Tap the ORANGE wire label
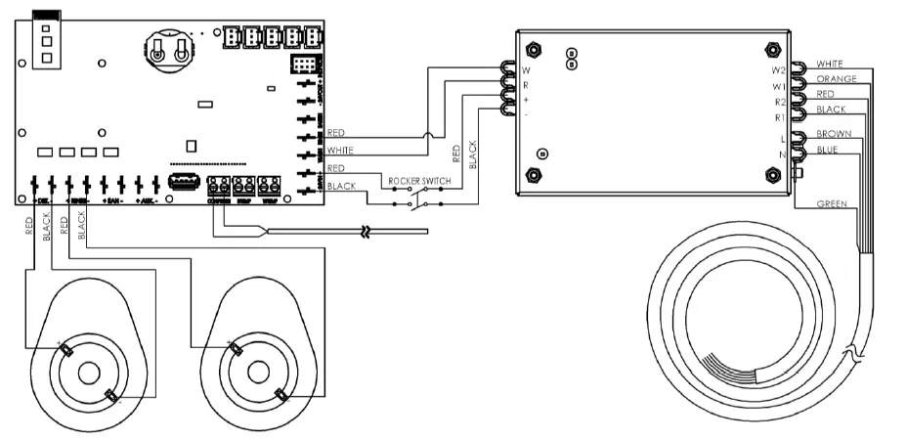(x=837, y=78)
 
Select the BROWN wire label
(x=835, y=133)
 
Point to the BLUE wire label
(x=829, y=149)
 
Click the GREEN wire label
(x=833, y=203)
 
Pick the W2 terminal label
(x=779, y=70)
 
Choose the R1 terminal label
(x=780, y=117)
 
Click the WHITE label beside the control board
(x=340, y=151)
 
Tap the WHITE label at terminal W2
(x=831, y=63)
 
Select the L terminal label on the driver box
(x=782, y=140)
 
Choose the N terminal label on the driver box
(x=782, y=154)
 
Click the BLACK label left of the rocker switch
(x=341, y=186)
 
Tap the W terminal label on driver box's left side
(x=527, y=71)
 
